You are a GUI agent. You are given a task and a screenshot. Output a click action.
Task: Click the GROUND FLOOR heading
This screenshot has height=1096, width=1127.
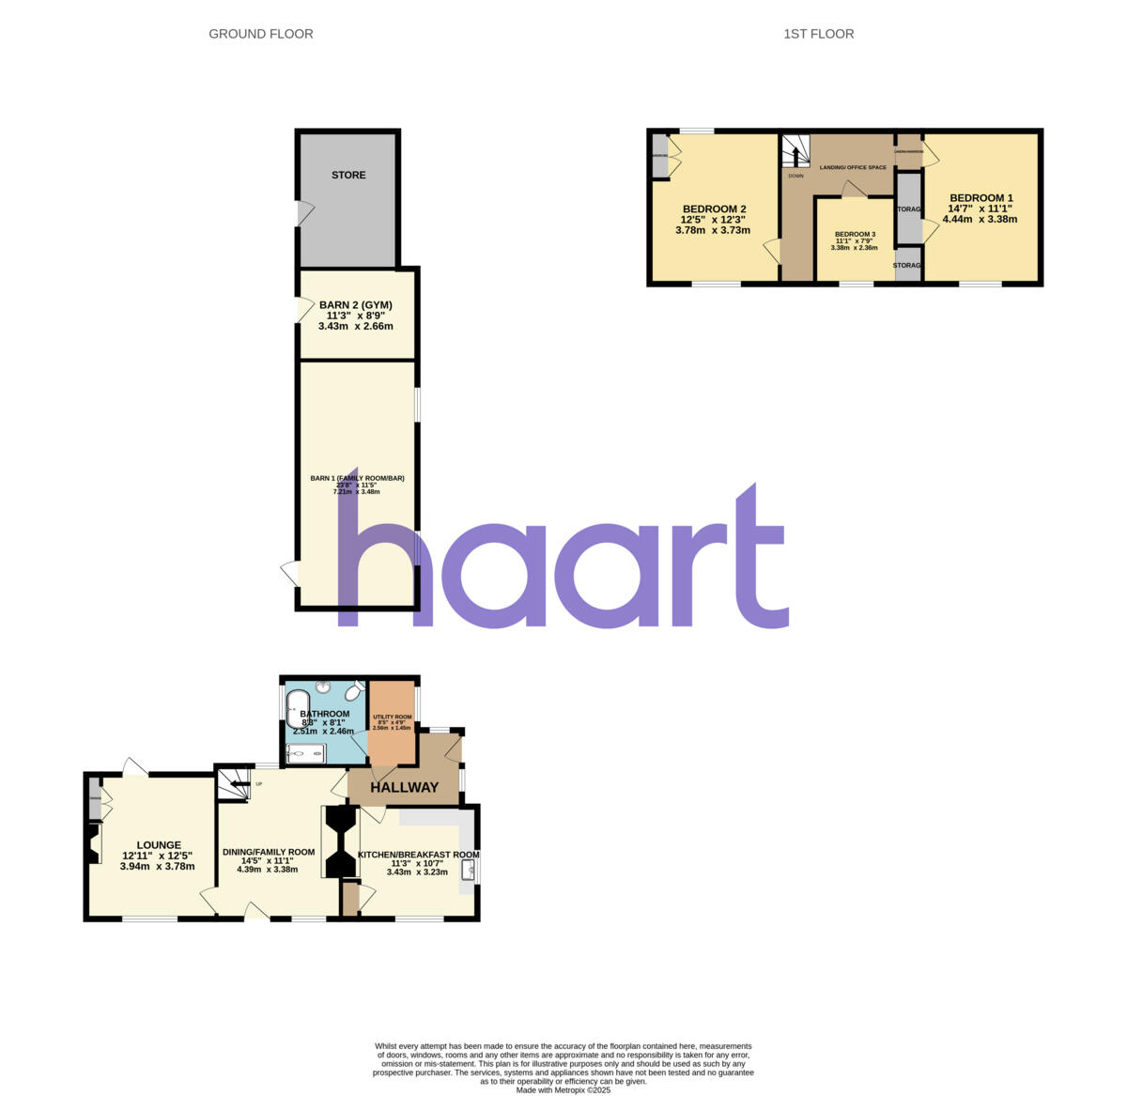pyautogui.click(x=260, y=34)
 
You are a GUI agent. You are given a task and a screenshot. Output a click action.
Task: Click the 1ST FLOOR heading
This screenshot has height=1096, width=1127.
pyautogui.click(x=818, y=34)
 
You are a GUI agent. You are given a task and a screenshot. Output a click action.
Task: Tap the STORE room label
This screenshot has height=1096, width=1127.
pyautogui.click(x=348, y=175)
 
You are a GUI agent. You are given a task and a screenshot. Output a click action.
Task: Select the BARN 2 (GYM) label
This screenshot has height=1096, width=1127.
pyautogui.click(x=355, y=304)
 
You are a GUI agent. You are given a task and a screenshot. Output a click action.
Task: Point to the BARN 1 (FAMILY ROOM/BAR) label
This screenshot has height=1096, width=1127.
pyautogui.click(x=357, y=478)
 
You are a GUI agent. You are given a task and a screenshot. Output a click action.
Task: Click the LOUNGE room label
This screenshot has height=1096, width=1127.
pyautogui.click(x=158, y=844)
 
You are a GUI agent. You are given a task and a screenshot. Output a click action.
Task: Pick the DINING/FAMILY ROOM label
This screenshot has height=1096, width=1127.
pyautogui.click(x=268, y=852)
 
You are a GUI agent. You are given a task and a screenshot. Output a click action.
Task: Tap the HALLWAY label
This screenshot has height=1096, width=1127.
pyautogui.click(x=404, y=787)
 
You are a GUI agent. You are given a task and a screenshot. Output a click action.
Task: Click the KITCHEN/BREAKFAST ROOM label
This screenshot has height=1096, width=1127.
pyautogui.click(x=418, y=855)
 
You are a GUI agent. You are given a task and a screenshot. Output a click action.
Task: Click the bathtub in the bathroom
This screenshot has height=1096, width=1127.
pyautogui.click(x=298, y=709)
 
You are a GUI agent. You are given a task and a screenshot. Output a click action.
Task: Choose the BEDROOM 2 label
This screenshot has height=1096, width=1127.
pyautogui.click(x=714, y=208)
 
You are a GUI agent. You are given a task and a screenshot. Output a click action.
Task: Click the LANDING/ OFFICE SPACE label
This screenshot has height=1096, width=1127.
pyautogui.click(x=852, y=167)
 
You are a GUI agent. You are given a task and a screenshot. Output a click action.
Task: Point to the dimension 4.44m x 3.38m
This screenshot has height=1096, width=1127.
pyautogui.click(x=980, y=219)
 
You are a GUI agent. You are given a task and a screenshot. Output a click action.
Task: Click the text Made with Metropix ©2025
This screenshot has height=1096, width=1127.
pyautogui.click(x=563, y=1090)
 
